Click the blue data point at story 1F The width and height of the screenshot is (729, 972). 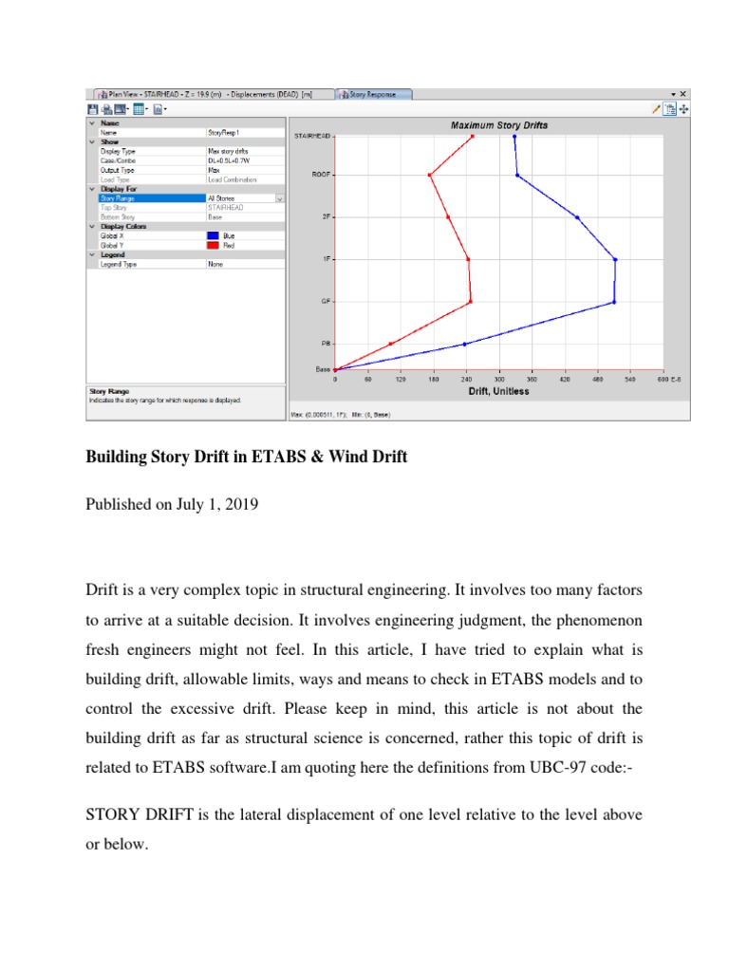click(615, 259)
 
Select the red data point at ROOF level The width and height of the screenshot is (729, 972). click(429, 175)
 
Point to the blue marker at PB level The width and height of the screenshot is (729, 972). click(464, 344)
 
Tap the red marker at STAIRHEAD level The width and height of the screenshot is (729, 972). click(473, 137)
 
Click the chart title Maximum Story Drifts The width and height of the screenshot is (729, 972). click(498, 125)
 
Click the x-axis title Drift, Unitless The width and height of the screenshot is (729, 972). click(498, 391)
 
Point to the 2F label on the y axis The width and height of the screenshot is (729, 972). click(326, 216)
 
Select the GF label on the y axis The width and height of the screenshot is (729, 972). click(325, 302)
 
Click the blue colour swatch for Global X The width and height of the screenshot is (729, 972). click(215, 235)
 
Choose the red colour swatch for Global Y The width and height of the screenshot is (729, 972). click(215, 245)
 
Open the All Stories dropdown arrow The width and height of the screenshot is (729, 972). click(280, 198)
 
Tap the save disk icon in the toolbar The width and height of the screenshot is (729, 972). click(92, 109)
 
